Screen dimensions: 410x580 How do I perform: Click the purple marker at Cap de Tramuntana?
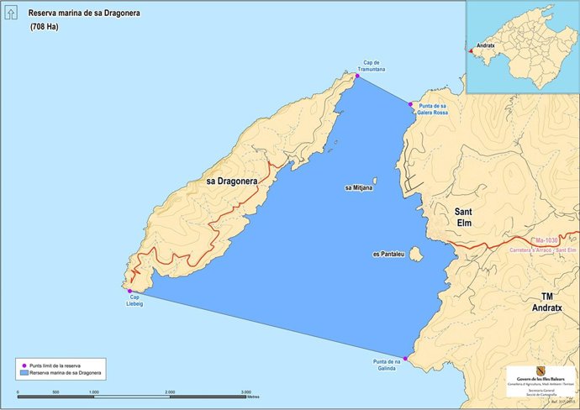click(357, 76)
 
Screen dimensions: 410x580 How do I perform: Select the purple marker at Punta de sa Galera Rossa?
click(411, 105)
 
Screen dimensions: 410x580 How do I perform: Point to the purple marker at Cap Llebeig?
click(129, 291)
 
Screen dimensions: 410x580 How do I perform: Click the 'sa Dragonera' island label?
click(231, 181)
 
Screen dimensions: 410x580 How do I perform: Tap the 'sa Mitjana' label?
click(360, 188)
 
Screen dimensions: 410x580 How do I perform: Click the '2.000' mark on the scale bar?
click(170, 392)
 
